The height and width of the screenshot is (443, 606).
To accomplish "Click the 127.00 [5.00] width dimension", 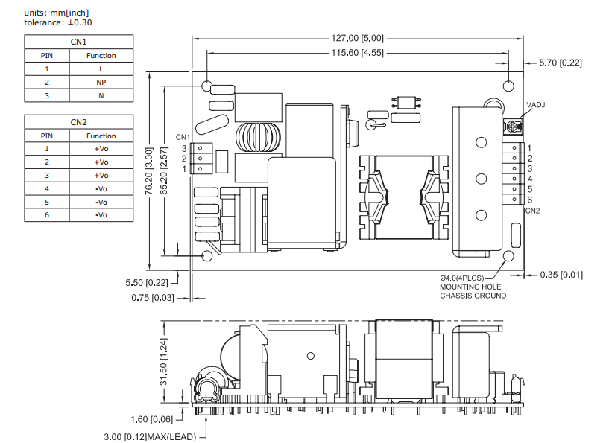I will tap(359, 38).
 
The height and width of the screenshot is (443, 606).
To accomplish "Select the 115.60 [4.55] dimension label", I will tap(359, 53).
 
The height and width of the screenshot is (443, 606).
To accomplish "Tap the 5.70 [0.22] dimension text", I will tap(560, 63).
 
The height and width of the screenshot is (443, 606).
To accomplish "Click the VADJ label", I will tap(535, 105).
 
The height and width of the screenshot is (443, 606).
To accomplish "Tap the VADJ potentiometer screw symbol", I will tap(513, 127).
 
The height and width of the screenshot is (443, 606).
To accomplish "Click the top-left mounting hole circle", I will tap(206, 86).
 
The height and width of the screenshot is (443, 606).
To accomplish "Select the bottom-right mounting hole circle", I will tap(509, 256).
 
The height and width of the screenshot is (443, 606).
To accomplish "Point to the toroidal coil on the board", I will tap(253, 138).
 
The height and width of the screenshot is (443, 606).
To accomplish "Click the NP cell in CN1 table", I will tap(101, 82).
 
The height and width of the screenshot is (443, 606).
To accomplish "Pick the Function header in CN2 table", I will tap(101, 136).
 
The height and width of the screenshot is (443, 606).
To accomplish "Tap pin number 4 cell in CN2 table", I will tap(47, 188).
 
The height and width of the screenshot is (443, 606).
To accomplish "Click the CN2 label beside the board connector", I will tap(532, 211).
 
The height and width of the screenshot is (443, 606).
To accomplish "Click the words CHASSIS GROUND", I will tap(473, 296).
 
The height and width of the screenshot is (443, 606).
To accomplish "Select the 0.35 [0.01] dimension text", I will tap(560, 275).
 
